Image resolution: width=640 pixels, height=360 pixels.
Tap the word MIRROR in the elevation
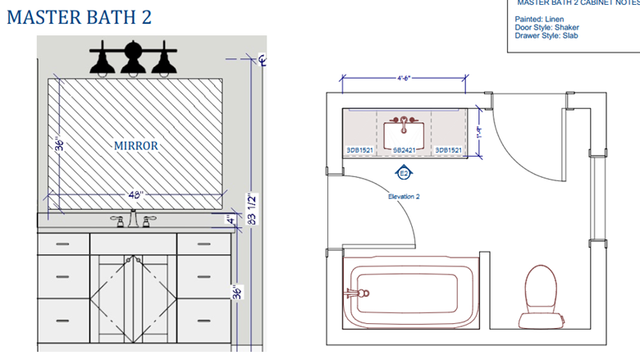[x=135, y=145]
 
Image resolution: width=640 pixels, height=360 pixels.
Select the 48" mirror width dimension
[x=135, y=195]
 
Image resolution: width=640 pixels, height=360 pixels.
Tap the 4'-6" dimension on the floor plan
[x=404, y=79]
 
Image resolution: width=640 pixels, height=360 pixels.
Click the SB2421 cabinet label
[x=404, y=150]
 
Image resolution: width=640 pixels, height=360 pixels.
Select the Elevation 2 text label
[x=404, y=197]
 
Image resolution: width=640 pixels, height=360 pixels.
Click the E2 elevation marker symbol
[x=404, y=173]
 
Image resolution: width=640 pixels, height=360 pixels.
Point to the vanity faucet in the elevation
[x=132, y=219]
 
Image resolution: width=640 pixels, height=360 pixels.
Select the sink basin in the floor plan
[x=404, y=130]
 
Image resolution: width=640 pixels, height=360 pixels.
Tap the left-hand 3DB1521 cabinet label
[x=359, y=150]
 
